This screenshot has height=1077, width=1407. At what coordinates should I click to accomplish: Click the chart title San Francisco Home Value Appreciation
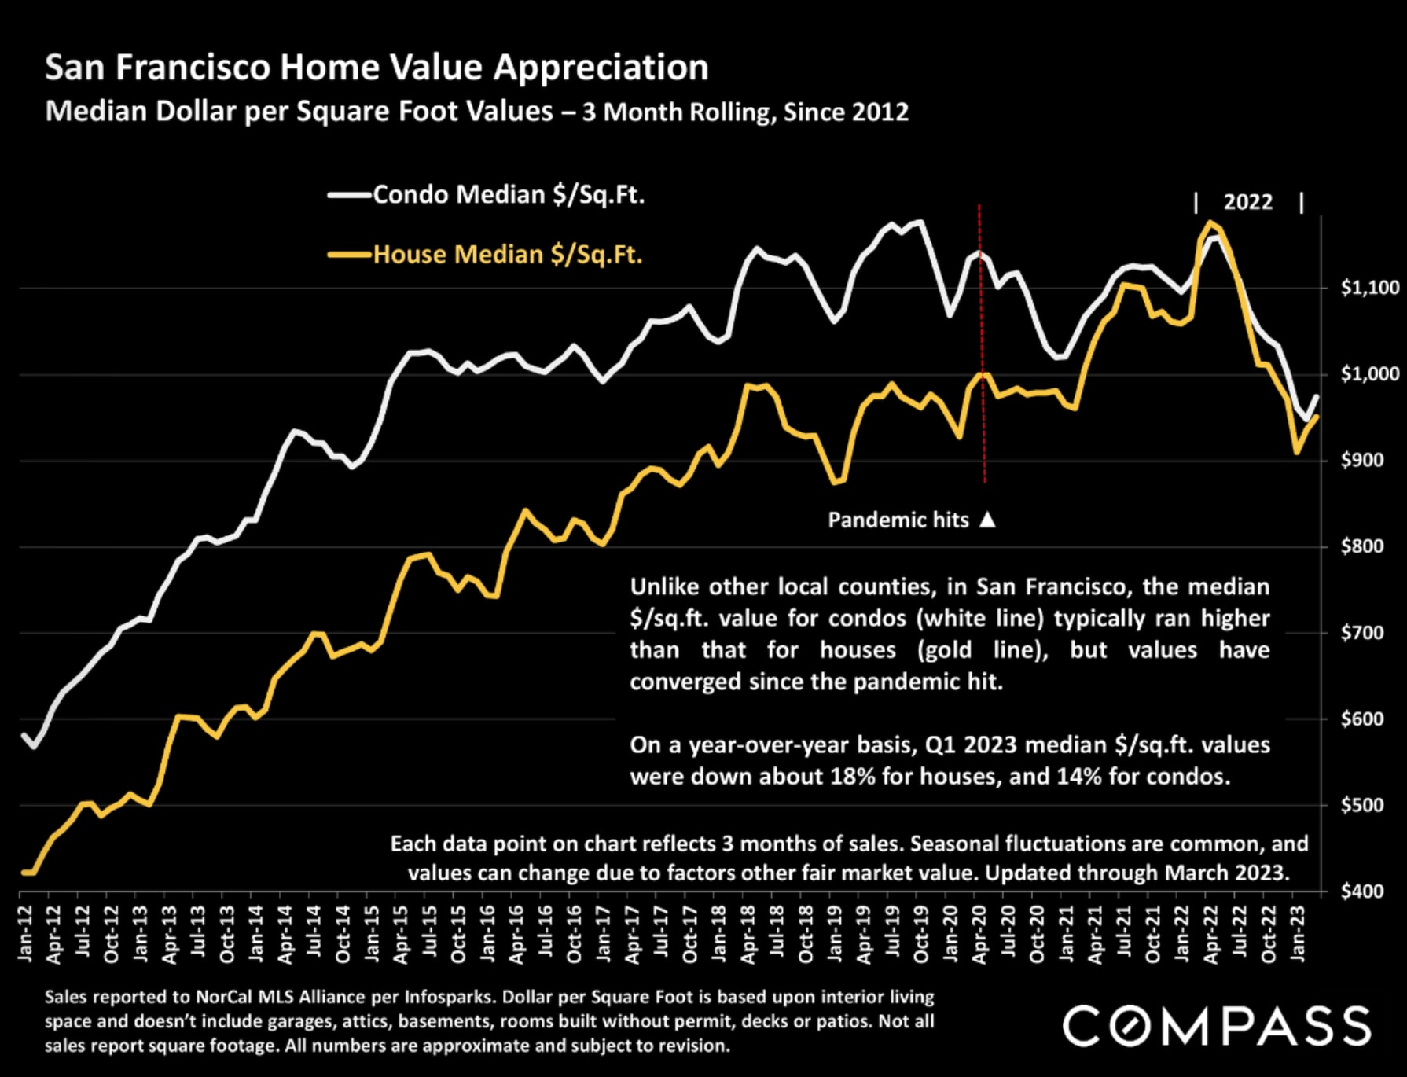point(377,68)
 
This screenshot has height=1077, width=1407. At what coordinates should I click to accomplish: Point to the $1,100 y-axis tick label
point(1369,288)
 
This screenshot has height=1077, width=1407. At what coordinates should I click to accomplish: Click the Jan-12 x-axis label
point(25,933)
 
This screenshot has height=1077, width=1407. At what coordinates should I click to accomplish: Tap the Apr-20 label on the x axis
point(979,933)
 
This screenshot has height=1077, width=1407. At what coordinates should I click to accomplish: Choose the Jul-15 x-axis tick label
point(430,933)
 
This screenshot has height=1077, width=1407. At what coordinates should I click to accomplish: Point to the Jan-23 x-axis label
point(1298,933)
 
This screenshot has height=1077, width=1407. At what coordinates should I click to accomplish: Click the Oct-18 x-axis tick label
point(806,933)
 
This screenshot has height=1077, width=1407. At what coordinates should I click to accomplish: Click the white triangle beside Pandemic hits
point(988,520)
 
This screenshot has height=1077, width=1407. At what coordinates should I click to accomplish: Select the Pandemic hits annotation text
point(898,520)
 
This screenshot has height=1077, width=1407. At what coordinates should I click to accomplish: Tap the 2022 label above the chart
point(1247,202)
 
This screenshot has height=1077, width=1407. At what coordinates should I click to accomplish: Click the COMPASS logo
point(1217,1026)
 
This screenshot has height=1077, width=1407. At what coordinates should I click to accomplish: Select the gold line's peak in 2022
point(1210,222)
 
